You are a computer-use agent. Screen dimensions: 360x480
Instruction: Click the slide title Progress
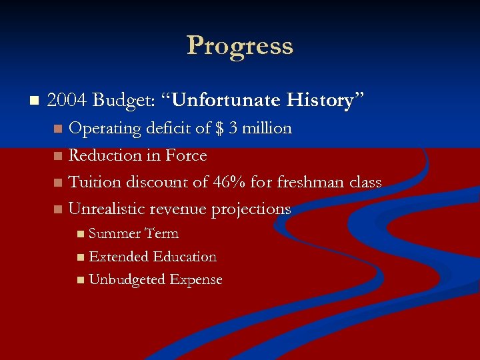[240, 46]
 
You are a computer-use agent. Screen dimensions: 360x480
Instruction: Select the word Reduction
[105, 155]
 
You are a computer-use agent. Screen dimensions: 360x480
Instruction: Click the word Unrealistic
[107, 209]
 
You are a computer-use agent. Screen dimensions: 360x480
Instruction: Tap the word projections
[251, 209]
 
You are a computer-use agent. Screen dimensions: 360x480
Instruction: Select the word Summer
[114, 234]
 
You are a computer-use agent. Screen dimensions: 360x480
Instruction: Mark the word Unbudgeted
[127, 280]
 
